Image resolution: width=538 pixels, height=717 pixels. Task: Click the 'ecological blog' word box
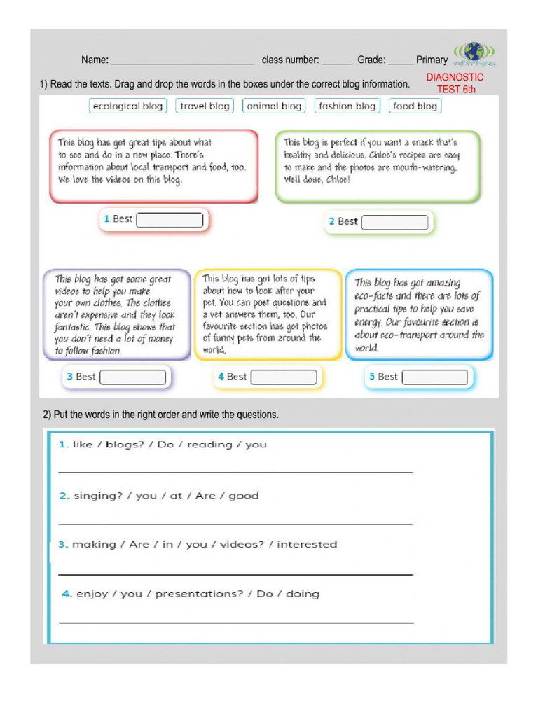127,106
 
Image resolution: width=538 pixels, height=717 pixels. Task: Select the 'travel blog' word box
205,106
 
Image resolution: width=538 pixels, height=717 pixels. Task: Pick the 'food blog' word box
415,106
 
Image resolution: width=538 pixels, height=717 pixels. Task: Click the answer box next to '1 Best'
170,220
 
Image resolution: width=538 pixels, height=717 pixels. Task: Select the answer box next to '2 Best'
395,223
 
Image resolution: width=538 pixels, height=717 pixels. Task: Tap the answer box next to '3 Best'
133,377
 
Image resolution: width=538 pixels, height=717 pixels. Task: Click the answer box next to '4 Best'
284,377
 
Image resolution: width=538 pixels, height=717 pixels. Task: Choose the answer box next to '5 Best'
435,377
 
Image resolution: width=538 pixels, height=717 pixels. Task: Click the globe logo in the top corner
474,53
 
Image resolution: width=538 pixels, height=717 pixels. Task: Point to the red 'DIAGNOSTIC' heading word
455,77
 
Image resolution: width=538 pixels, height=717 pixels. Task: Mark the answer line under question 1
235,472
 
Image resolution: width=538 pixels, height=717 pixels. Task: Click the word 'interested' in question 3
307,544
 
